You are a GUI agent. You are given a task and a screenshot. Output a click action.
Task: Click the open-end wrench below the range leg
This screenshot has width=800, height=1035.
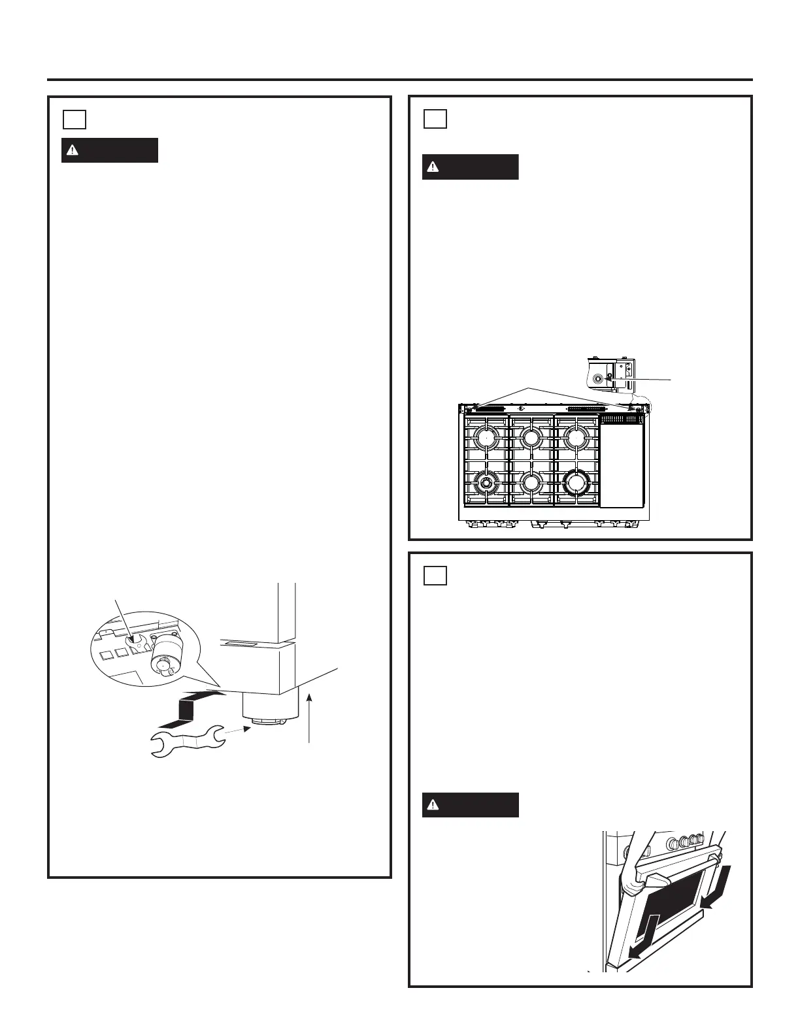point(186,742)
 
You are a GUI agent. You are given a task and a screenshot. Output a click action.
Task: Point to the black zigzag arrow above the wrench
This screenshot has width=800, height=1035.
point(190,710)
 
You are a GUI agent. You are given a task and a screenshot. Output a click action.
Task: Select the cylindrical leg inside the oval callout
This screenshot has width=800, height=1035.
point(161,657)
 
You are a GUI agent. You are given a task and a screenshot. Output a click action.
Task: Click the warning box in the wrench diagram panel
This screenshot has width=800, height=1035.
point(110,150)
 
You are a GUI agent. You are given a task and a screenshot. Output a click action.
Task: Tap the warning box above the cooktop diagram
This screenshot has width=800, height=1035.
point(470,167)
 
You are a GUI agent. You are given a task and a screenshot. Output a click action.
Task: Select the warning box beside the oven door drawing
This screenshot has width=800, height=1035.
point(470,805)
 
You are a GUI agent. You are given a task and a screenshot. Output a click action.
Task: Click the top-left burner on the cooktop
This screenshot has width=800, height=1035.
point(487,438)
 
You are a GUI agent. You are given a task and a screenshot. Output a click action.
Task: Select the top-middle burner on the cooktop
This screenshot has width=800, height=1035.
point(531,438)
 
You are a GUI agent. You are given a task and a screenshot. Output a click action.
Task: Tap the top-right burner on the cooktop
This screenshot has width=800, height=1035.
point(576,438)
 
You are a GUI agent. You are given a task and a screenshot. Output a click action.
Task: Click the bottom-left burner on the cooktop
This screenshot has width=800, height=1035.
point(486,483)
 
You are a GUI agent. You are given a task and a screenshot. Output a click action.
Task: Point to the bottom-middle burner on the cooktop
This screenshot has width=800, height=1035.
point(531,483)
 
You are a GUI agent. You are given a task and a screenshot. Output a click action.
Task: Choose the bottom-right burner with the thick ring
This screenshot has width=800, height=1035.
point(576,483)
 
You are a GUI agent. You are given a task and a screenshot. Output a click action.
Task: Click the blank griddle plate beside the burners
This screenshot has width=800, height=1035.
point(622,467)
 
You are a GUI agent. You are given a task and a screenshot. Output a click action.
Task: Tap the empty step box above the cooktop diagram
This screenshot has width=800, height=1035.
point(435,119)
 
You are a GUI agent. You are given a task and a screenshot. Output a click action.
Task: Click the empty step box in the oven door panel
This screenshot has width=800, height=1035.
point(435,575)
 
